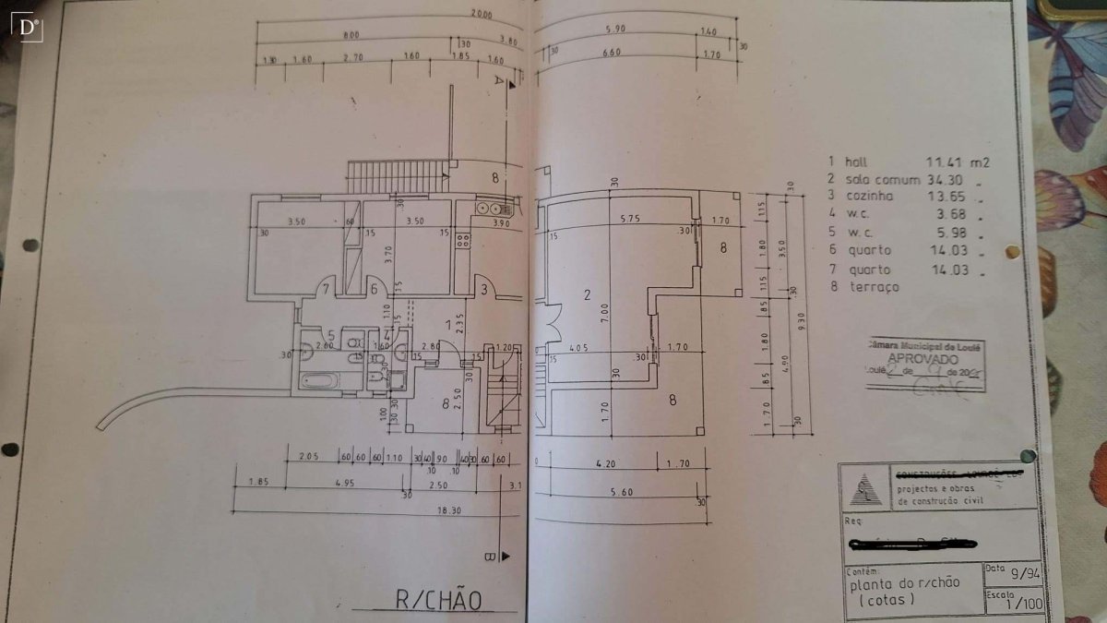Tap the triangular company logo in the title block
point(864,488)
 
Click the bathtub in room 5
point(321,379)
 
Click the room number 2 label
point(586,295)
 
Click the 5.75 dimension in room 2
point(630,220)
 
